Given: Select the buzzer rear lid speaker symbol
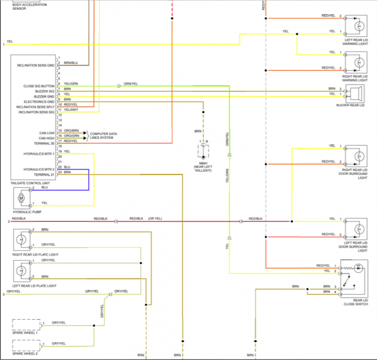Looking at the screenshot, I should point(357,92).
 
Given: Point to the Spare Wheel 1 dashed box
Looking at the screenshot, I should point(26,324).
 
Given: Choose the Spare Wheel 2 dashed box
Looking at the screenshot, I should point(26,345).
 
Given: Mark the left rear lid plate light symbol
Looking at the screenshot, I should point(21,270).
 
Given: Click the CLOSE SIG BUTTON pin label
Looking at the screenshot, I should point(38,86).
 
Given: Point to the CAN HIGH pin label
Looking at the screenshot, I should point(47,138).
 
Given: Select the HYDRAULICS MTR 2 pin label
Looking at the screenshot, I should point(39,169).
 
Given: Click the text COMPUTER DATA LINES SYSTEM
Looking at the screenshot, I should point(104,136).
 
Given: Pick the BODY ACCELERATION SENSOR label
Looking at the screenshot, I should point(29,6).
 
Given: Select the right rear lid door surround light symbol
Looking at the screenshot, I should point(357,156).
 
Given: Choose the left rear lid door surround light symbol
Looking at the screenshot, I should point(357,228).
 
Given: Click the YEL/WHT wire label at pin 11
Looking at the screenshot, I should point(71,110).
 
